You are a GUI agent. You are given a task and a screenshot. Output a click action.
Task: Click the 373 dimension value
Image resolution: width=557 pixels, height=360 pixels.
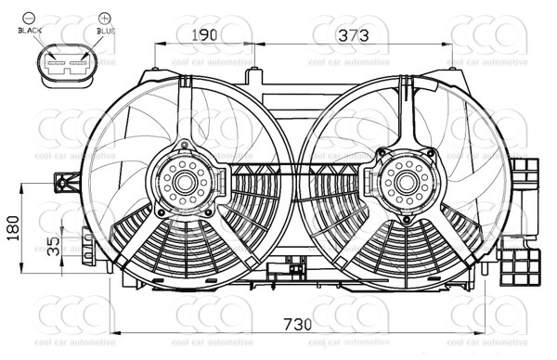[x=352, y=35]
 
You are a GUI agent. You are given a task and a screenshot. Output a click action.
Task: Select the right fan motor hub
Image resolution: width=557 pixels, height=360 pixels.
[x=404, y=182]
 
